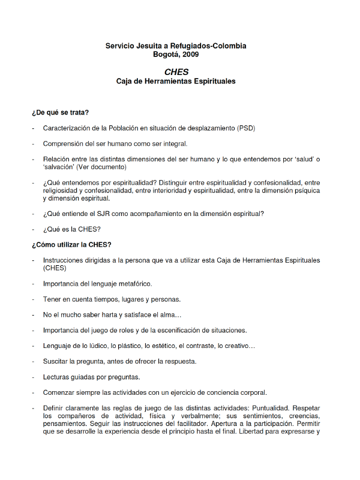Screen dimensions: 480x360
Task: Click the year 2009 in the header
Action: click(x=189, y=54)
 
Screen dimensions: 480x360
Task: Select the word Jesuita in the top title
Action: click(x=149, y=46)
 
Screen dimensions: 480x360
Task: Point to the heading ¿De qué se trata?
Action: click(x=61, y=112)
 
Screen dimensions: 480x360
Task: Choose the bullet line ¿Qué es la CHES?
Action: click(x=71, y=229)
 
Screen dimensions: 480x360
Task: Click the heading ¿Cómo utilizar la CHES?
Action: click(x=71, y=244)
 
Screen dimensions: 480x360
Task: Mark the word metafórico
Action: click(x=132, y=284)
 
